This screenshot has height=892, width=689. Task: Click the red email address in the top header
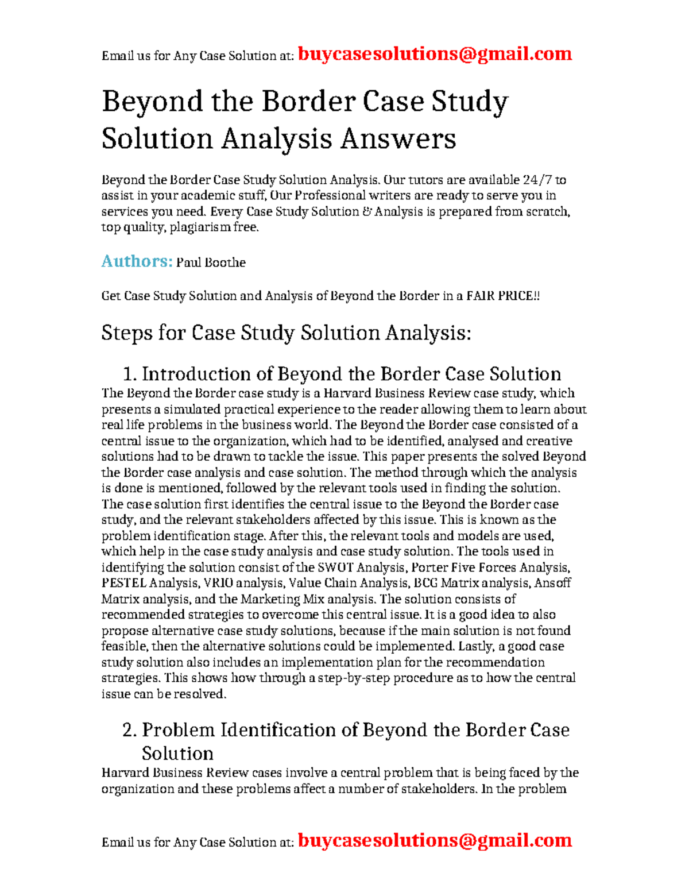(435, 54)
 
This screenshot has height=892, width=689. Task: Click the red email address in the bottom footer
(435, 840)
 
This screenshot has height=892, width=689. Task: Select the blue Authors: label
(137, 261)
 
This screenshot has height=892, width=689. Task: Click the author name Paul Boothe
(211, 262)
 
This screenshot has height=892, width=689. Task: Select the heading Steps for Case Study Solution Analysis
(286, 333)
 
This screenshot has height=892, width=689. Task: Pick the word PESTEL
(123, 583)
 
